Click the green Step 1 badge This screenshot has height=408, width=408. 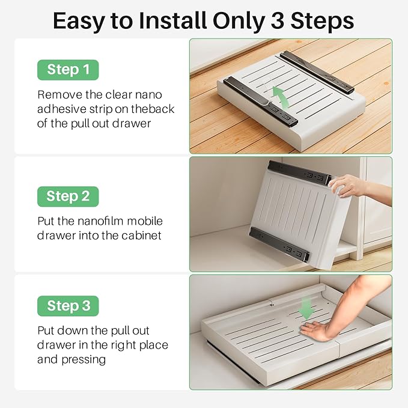coord(67,70)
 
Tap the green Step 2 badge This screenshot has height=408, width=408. coord(67,196)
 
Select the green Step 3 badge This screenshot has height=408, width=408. coord(67,306)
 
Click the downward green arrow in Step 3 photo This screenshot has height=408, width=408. coord(307,308)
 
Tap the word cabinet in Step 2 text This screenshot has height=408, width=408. coord(141,236)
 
